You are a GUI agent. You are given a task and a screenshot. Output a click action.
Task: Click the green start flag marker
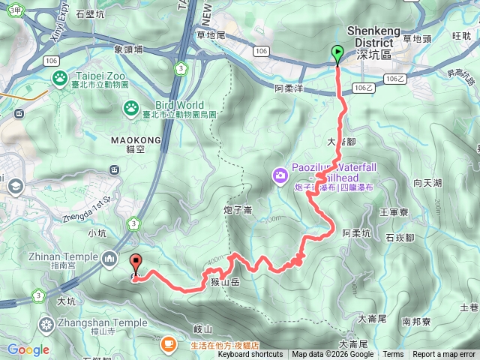coord(337,53)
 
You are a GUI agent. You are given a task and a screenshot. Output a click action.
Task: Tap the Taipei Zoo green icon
coord(59,77)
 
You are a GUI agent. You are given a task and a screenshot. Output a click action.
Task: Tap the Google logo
coord(28,349)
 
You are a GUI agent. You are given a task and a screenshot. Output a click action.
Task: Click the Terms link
coord(393,355)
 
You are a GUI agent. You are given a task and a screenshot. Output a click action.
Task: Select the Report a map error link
coord(444,355)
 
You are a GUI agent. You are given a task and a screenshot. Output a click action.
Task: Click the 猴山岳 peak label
coord(225,282)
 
